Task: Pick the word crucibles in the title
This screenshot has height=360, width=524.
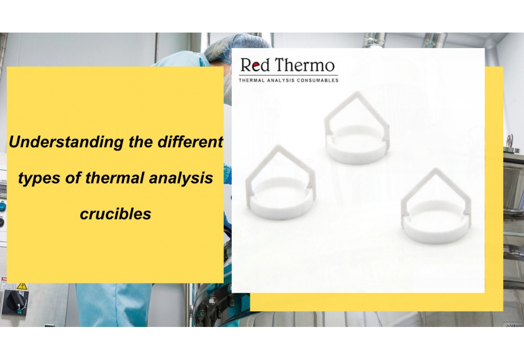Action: (x=115, y=214)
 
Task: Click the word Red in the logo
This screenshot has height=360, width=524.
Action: (x=255, y=65)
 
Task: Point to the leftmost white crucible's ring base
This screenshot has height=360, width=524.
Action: (x=280, y=208)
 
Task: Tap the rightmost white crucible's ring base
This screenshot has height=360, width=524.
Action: (x=436, y=231)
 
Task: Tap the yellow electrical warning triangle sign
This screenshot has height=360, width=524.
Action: (x=22, y=286)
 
